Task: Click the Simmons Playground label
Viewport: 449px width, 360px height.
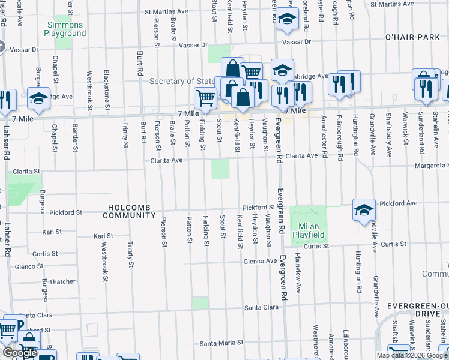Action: click(65, 29)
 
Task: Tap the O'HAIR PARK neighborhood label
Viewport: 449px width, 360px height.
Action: click(414, 37)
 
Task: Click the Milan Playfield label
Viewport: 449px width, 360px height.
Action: click(308, 230)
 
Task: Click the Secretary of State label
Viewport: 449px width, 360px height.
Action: click(182, 81)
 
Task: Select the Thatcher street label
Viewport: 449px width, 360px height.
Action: click(62, 281)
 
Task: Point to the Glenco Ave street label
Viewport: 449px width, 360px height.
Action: click(259, 261)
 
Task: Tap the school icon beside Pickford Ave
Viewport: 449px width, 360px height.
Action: click(364, 210)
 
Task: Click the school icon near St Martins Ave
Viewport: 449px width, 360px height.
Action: click(287, 19)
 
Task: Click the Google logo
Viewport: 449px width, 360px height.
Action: click(20, 353)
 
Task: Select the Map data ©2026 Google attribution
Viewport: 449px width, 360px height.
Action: click(411, 355)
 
